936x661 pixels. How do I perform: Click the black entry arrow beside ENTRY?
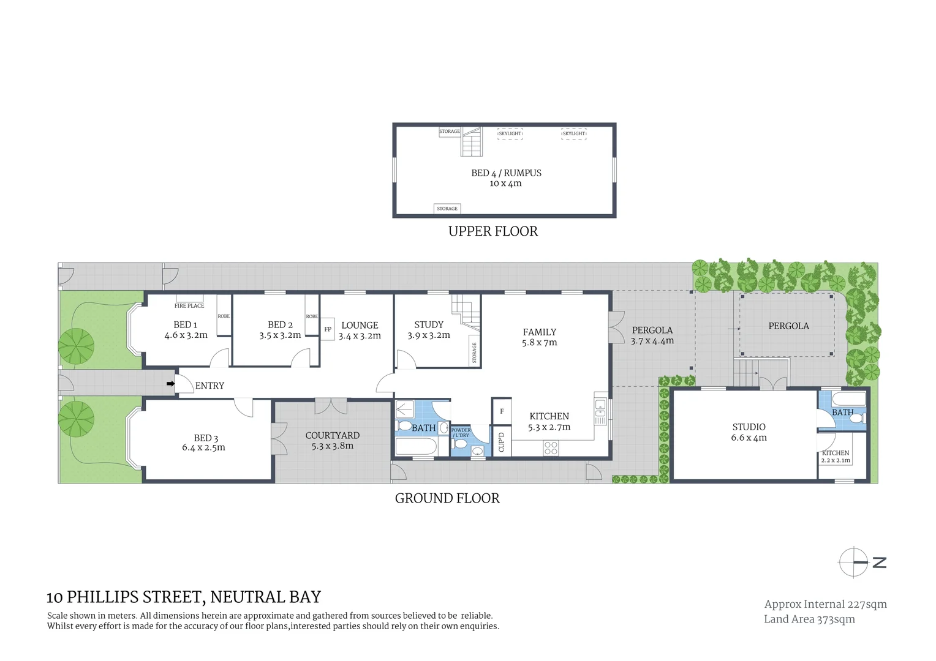(x=171, y=384)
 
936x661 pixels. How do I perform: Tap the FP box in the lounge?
(x=328, y=329)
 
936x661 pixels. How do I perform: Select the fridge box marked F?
(x=502, y=411)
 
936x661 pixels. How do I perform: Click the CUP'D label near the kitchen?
(x=502, y=442)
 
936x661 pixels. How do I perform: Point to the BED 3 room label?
(x=205, y=438)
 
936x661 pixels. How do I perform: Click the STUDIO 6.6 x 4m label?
(x=749, y=431)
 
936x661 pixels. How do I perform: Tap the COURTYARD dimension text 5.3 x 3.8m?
(x=332, y=446)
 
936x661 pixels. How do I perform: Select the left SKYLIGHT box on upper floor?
(x=510, y=133)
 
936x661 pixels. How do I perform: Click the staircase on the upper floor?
(x=472, y=142)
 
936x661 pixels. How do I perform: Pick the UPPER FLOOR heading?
(x=493, y=231)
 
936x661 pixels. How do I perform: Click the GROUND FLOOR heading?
(x=447, y=498)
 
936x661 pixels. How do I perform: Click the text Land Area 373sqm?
(x=809, y=619)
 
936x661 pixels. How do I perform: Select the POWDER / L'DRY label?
(x=461, y=433)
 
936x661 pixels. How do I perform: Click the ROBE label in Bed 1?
(x=224, y=316)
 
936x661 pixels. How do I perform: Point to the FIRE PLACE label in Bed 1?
(x=189, y=305)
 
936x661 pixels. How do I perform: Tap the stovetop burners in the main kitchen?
(x=551, y=449)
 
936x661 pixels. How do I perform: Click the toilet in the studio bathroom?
(x=859, y=418)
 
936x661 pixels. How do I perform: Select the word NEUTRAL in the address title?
(x=244, y=597)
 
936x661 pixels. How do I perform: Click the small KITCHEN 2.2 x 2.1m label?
(x=836, y=457)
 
